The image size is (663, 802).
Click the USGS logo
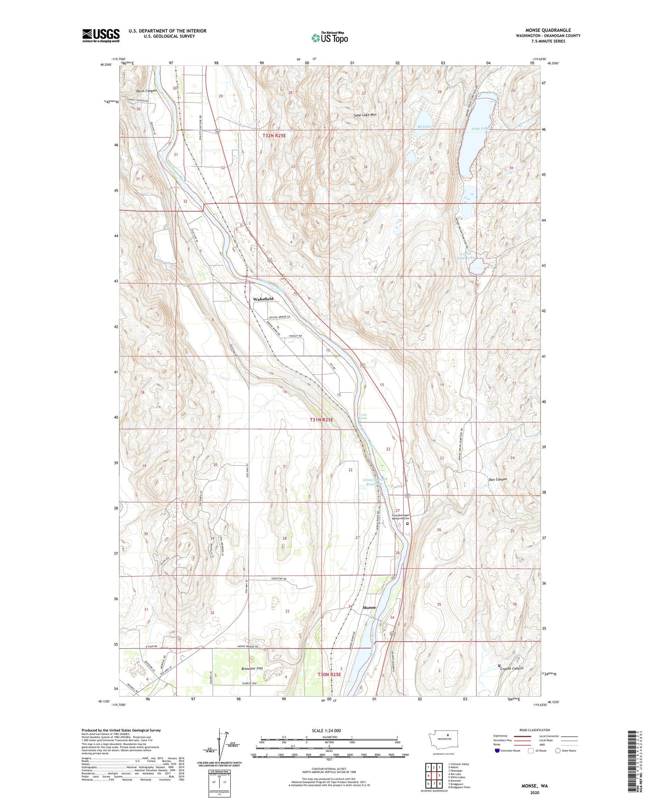click(x=101, y=35)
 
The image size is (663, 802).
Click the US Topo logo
click(x=329, y=38)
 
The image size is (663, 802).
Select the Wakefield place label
click(x=263, y=299)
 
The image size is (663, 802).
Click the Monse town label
click(x=369, y=607)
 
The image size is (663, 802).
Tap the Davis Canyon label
click(x=146, y=90)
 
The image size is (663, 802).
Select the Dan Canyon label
click(x=497, y=479)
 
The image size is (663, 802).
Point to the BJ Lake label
click(x=424, y=126)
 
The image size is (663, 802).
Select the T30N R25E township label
click(x=329, y=674)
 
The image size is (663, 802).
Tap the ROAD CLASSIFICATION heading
click(x=535, y=730)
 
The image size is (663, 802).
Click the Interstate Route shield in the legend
click(x=497, y=751)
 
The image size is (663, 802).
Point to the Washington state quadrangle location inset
click(x=442, y=741)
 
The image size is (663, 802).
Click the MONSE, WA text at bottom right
click(x=535, y=786)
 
